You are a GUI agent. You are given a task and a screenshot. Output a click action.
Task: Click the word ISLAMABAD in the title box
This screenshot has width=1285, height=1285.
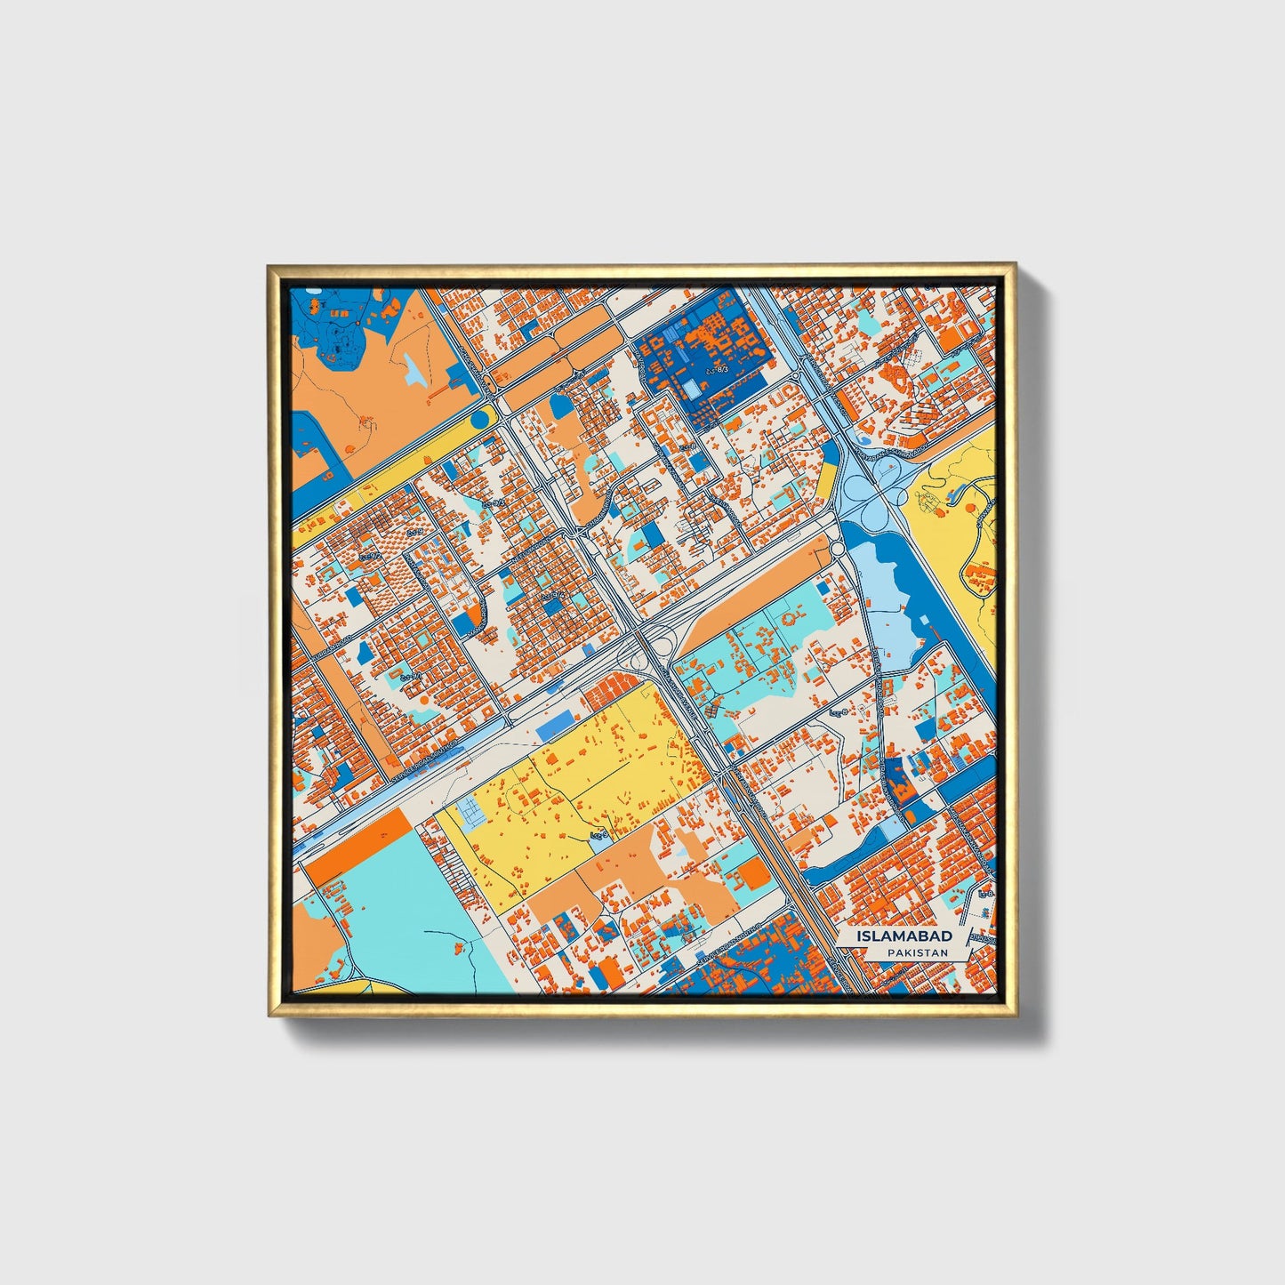click(904, 936)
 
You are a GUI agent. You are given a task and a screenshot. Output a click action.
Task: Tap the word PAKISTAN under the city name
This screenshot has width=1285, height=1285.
click(917, 952)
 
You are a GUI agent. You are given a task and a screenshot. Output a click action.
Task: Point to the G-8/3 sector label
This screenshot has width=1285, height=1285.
click(715, 368)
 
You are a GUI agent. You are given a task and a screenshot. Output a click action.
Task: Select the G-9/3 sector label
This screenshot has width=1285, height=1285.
click(492, 503)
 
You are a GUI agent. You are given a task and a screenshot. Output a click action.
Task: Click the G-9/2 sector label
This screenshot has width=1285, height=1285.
click(370, 557)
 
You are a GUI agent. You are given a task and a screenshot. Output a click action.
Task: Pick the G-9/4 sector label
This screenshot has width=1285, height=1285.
click(552, 595)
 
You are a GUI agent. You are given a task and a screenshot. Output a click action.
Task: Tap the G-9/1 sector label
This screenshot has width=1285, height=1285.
click(410, 678)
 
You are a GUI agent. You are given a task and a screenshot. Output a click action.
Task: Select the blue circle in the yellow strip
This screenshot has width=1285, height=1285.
click(480, 417)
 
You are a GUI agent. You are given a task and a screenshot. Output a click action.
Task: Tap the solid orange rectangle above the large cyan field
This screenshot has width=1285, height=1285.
click(358, 848)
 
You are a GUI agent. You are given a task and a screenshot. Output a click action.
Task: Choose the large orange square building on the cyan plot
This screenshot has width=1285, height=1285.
click(754, 873)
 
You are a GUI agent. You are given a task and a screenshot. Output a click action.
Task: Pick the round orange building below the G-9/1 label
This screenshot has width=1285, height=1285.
click(422, 701)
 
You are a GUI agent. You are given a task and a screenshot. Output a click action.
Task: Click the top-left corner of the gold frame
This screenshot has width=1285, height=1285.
click(269, 266)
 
